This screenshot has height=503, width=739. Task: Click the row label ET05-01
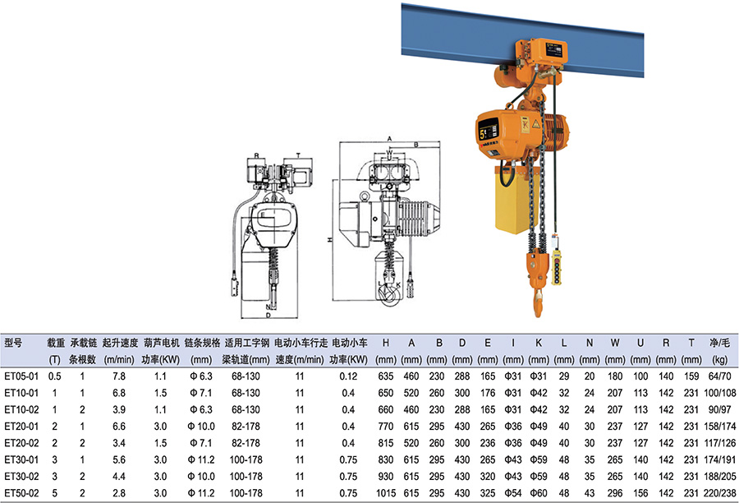[x=21, y=376]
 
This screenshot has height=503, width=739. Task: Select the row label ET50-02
[x=21, y=493]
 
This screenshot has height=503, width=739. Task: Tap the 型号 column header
[x=13, y=343]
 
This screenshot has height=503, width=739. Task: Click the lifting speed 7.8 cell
[x=119, y=376]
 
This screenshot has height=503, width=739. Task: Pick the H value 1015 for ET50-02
[x=386, y=493]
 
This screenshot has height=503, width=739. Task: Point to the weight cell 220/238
[x=719, y=493]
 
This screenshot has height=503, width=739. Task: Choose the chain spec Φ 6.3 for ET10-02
[x=201, y=409]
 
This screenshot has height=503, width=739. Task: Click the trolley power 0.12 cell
[x=348, y=376]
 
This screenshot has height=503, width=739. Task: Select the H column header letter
[x=386, y=343]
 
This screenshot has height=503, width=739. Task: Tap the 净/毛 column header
[x=719, y=343]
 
